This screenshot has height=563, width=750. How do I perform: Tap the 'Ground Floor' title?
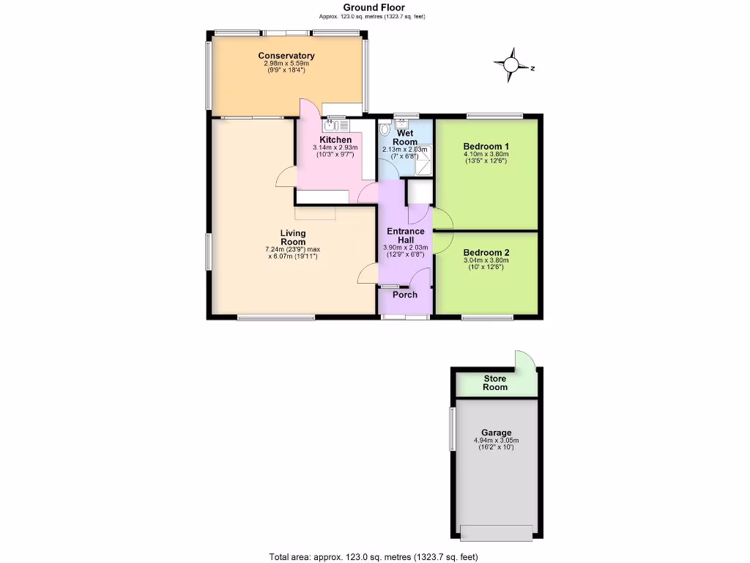tap(374, 8)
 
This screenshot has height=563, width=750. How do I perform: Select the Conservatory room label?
tap(286, 56)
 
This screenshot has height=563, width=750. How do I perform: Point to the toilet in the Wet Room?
tap(386, 127)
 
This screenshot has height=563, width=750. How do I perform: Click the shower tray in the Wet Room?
tap(424, 166)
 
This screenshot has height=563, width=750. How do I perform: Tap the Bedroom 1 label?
tap(486, 147)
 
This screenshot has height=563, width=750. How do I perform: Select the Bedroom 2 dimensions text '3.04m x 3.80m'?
tap(486, 260)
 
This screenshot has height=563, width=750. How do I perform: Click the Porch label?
tap(404, 295)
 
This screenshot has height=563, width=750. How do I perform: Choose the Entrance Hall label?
tap(405, 235)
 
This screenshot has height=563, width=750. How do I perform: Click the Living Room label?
tap(293, 238)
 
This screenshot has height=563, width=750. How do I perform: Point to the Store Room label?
tap(495, 383)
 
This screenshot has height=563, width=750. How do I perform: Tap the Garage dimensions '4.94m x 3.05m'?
tap(496, 441)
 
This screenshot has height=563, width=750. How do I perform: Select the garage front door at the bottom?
tap(496, 533)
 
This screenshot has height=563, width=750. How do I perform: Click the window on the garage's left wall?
tap(452, 429)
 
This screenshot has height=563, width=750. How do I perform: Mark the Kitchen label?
tap(335, 139)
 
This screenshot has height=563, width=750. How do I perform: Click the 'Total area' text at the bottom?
tap(374, 556)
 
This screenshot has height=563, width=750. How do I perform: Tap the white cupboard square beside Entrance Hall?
tap(420, 191)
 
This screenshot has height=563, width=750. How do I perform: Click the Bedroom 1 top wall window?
tap(495, 115)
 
